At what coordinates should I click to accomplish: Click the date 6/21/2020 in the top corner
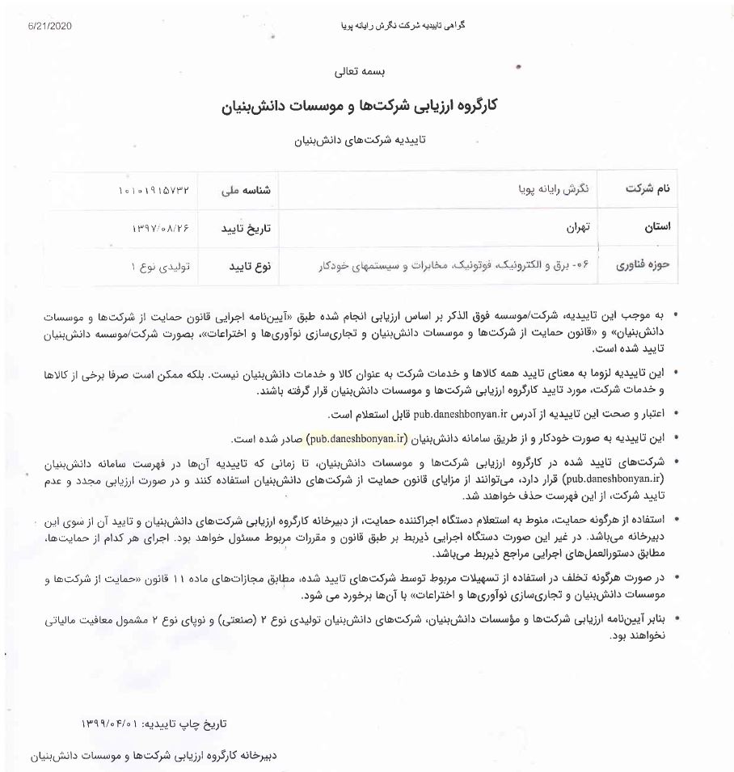pos(49,26)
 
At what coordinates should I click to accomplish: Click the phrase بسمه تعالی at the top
pos(367,71)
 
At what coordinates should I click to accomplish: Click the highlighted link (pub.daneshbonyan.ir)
pos(356,438)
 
